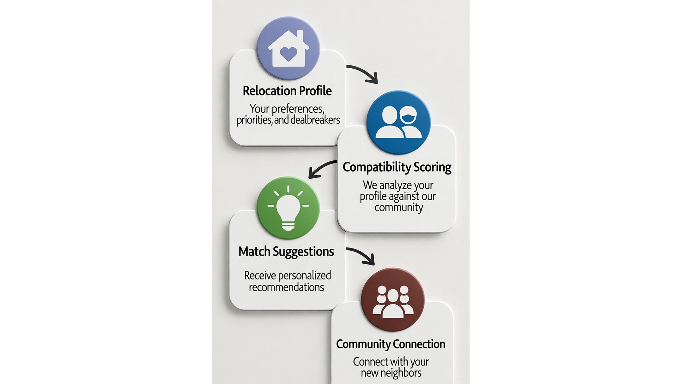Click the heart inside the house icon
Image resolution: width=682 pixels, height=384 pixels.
click(x=288, y=54)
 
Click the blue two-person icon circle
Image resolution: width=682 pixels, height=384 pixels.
click(x=398, y=122)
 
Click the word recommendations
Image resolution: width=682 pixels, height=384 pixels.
click(x=286, y=287)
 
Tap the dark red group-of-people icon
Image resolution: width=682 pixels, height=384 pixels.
click(x=393, y=300)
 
